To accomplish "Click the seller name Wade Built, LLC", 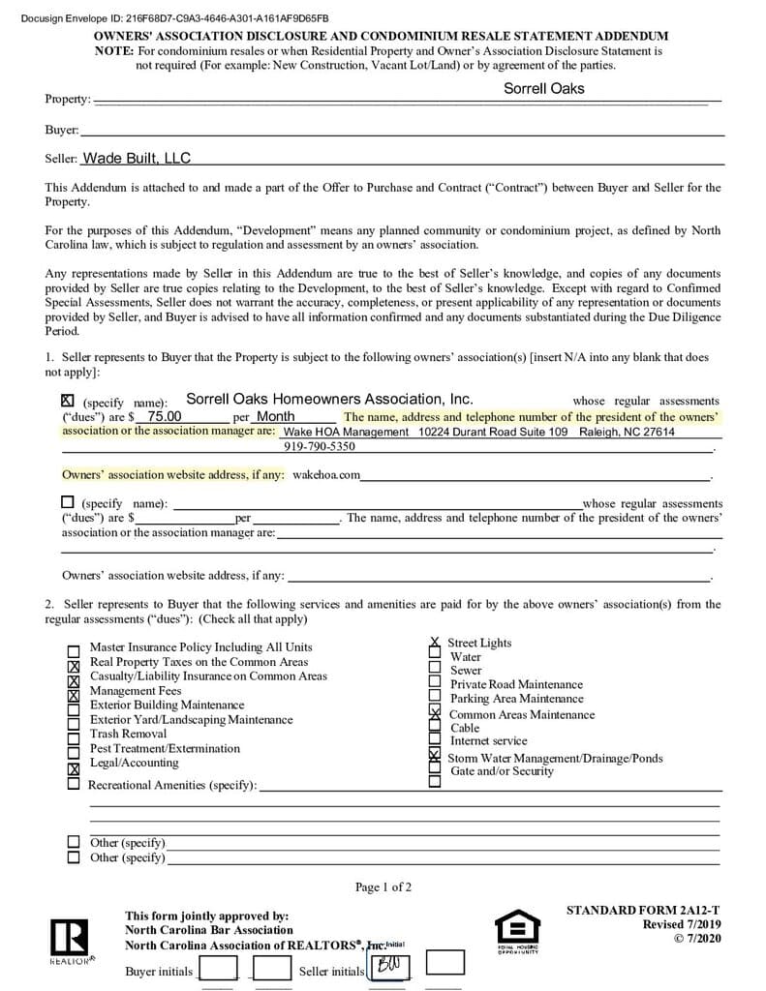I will [137, 159].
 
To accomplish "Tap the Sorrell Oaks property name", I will [543, 88].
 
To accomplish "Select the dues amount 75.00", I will [164, 417].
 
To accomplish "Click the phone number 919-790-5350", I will [319, 446].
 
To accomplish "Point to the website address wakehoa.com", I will [326, 475].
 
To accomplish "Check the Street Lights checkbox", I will [435, 642].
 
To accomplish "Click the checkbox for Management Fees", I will [74, 695].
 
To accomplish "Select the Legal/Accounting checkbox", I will [74, 768].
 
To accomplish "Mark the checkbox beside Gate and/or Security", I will [435, 780].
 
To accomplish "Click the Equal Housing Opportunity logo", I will [517, 931].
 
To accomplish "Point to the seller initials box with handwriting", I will [388, 967].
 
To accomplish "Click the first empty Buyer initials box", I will [218, 967].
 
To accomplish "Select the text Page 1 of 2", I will [383, 886].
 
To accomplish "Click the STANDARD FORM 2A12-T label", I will [643, 910].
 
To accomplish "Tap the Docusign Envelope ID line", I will [174, 18].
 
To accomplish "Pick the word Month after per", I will [275, 417].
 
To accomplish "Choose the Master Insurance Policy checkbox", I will [74, 652].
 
